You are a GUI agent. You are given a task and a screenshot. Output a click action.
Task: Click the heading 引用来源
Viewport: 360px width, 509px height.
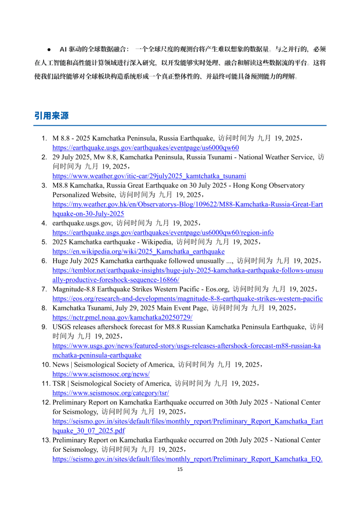coord(51,116)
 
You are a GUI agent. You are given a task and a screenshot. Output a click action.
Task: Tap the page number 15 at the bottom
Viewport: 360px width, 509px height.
coord(180,469)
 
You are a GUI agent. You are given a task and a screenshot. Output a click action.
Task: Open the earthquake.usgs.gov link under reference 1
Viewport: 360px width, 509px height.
coord(146,147)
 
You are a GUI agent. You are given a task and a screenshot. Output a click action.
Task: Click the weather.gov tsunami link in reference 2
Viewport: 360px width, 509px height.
coord(149,176)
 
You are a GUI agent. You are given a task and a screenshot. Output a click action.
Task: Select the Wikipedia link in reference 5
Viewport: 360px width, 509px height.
coord(138,251)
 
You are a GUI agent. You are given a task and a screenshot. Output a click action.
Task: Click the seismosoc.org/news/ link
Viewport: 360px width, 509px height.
coord(101,374)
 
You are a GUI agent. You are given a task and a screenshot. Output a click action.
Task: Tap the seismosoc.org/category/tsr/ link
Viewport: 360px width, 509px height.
coord(111,393)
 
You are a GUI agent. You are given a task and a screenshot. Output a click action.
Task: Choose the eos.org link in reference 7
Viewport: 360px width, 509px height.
coord(187,299)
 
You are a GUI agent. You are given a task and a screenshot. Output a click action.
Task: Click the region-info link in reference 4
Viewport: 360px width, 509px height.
coord(163,232)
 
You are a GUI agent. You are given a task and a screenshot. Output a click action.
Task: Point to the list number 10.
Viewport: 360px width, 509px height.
coord(46,364)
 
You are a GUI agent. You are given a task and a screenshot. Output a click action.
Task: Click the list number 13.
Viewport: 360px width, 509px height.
coord(46,440)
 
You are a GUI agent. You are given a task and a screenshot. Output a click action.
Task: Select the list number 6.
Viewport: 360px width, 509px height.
coord(44,261)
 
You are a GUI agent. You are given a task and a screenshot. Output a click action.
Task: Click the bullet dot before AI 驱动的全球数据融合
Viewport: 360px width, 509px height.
coord(49,49)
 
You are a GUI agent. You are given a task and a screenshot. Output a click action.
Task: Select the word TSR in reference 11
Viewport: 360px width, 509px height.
coord(59,383)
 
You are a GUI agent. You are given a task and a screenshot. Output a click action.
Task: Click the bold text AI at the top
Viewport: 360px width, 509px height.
coord(63,49)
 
